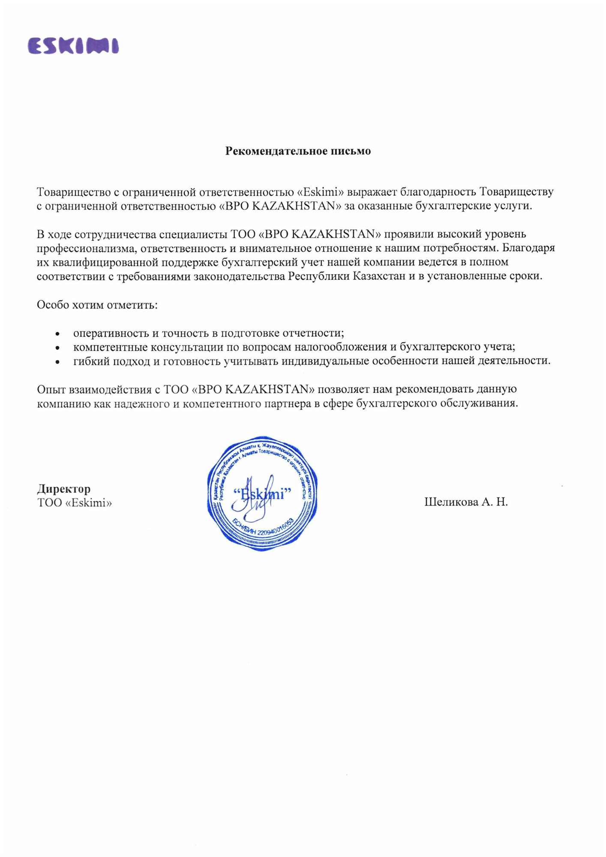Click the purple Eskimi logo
[73, 46]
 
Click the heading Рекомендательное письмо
[298, 151]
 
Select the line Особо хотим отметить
[97, 305]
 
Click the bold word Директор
[64, 489]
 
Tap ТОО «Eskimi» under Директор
[75, 503]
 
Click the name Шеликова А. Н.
[466, 502]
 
